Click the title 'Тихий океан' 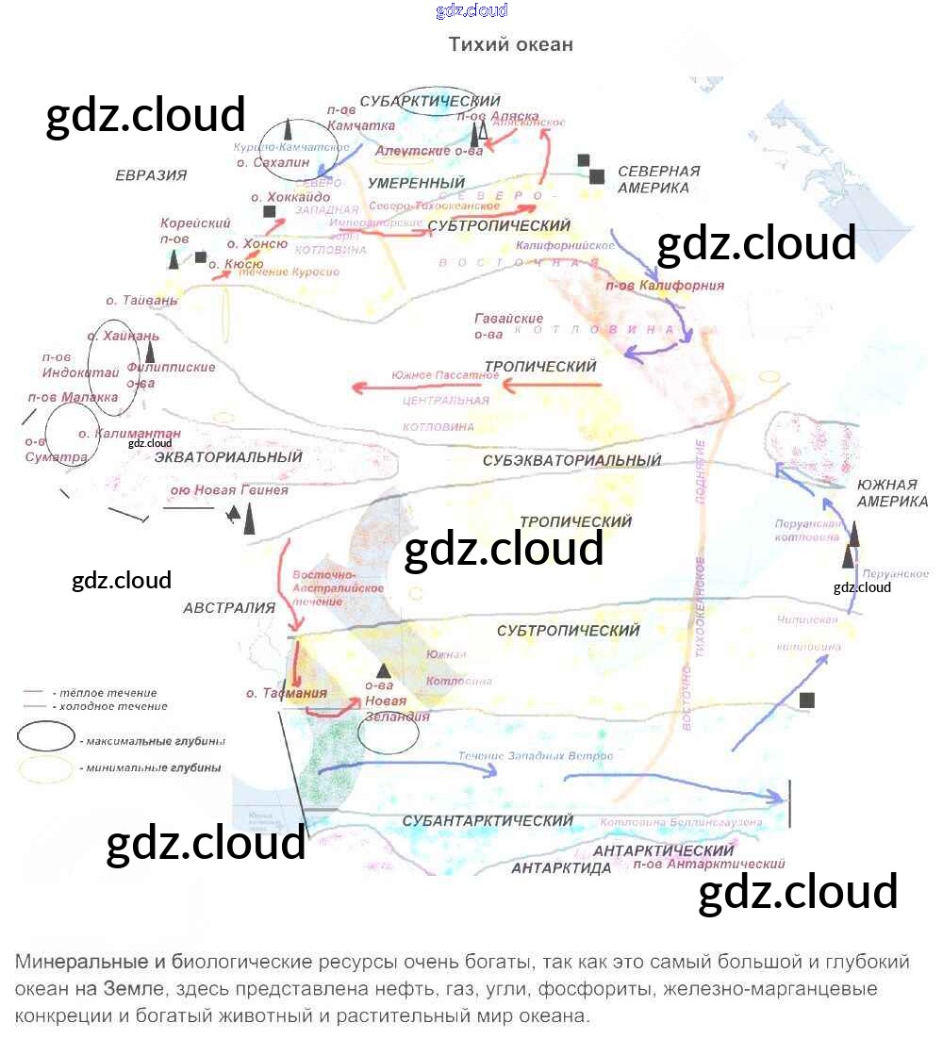coord(510,44)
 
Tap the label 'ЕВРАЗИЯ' coord(151,174)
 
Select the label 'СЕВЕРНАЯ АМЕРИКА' coord(659,179)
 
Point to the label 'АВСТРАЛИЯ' coord(229,608)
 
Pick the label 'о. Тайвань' coord(141,301)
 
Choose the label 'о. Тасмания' coord(286,693)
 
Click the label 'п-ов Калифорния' coord(665,286)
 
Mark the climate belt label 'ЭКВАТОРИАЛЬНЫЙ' coord(228,457)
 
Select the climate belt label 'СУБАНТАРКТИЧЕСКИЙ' coord(488,821)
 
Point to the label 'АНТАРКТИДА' coord(562,868)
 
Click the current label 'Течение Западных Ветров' coord(536,756)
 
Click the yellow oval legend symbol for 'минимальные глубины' coord(44,768)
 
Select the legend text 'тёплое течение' coord(105,693)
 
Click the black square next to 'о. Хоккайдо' coord(270,212)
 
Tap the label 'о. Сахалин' coord(273,162)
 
